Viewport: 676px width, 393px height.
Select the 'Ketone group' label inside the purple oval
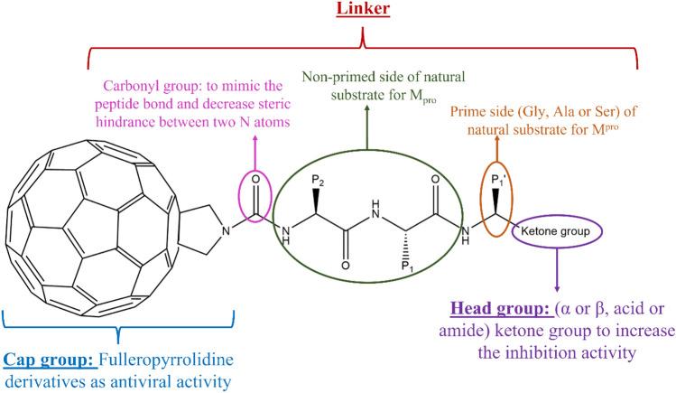pos(552,232)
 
